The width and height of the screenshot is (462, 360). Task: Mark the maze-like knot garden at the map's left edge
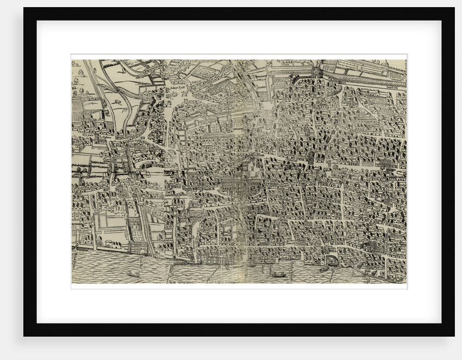(77, 104)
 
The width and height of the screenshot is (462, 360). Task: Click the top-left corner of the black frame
(24, 8)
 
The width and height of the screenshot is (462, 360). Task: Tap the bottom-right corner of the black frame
(454, 336)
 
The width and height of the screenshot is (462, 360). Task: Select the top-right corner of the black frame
(454, 8)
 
